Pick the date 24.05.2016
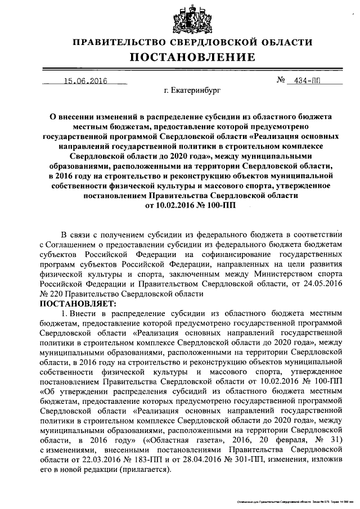click(x=322, y=284)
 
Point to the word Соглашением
click(x=72, y=245)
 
